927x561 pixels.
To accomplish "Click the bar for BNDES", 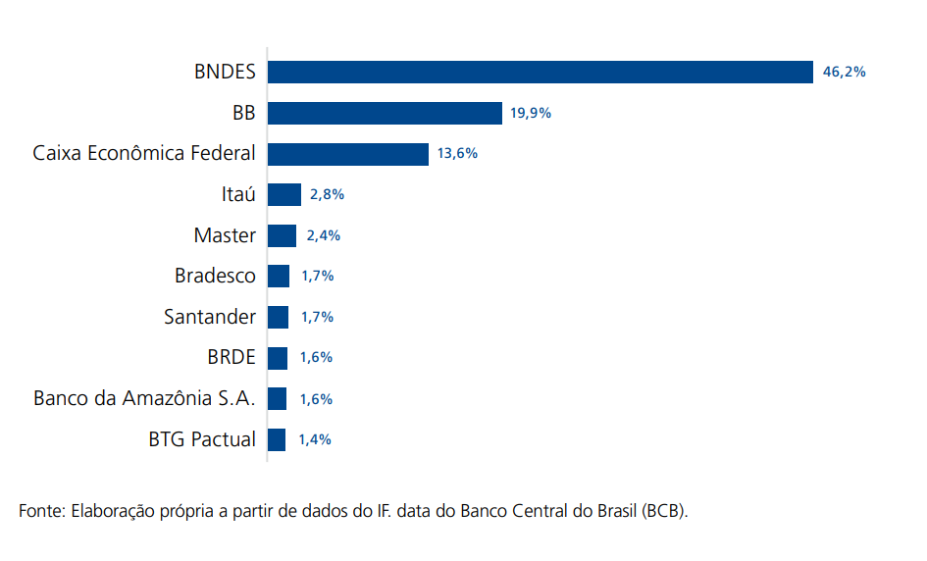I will pyautogui.click(x=541, y=72).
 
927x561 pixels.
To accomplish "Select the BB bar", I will pyautogui.click(x=385, y=113).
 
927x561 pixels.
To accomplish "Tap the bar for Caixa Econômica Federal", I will pyautogui.click(x=348, y=154).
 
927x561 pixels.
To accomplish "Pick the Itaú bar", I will pyautogui.click(x=284, y=194).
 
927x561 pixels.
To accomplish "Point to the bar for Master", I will pyautogui.click(x=282, y=235).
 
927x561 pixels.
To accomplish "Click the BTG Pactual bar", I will pyautogui.click(x=277, y=439).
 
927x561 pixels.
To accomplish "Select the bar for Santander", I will pyautogui.click(x=279, y=317).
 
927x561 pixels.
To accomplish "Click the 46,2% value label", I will pyautogui.click(x=844, y=72).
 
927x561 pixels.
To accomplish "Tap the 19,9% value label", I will pyautogui.click(x=531, y=113).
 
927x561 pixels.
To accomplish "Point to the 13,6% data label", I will pyautogui.click(x=457, y=154).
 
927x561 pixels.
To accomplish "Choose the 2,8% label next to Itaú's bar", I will pyautogui.click(x=327, y=194).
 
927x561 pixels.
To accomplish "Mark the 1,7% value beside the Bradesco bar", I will pyautogui.click(x=318, y=277).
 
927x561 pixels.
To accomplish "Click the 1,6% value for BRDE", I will pyautogui.click(x=316, y=358).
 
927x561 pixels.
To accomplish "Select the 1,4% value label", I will pyautogui.click(x=315, y=439).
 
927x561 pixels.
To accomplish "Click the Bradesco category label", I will pyautogui.click(x=215, y=276).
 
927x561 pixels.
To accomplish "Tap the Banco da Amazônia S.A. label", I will pyautogui.click(x=144, y=398).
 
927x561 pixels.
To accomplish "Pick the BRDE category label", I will pyautogui.click(x=231, y=357).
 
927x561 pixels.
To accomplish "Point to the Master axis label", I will pyautogui.click(x=225, y=235).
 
